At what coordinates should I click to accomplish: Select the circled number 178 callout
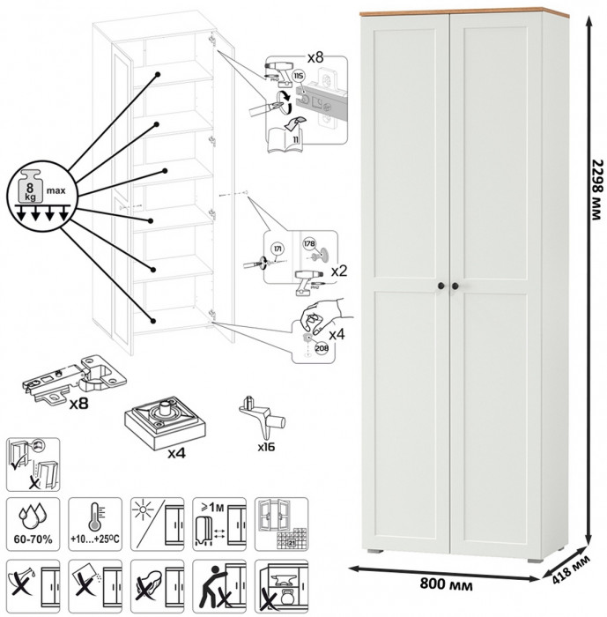[309, 243]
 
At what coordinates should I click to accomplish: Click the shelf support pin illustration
[262, 415]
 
